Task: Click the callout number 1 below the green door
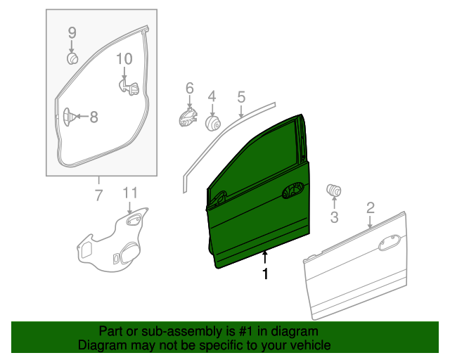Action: (265, 274)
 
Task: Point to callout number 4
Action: (211, 96)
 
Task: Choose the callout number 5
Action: (240, 96)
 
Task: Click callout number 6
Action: (189, 88)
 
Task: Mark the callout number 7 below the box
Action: (98, 194)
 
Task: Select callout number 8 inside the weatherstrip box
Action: (94, 117)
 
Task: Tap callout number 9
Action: (71, 32)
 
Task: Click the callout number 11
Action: (130, 193)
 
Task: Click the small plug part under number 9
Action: (72, 58)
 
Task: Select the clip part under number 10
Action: (127, 86)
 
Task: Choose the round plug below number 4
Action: (212, 123)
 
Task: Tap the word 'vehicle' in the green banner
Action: (305, 346)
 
